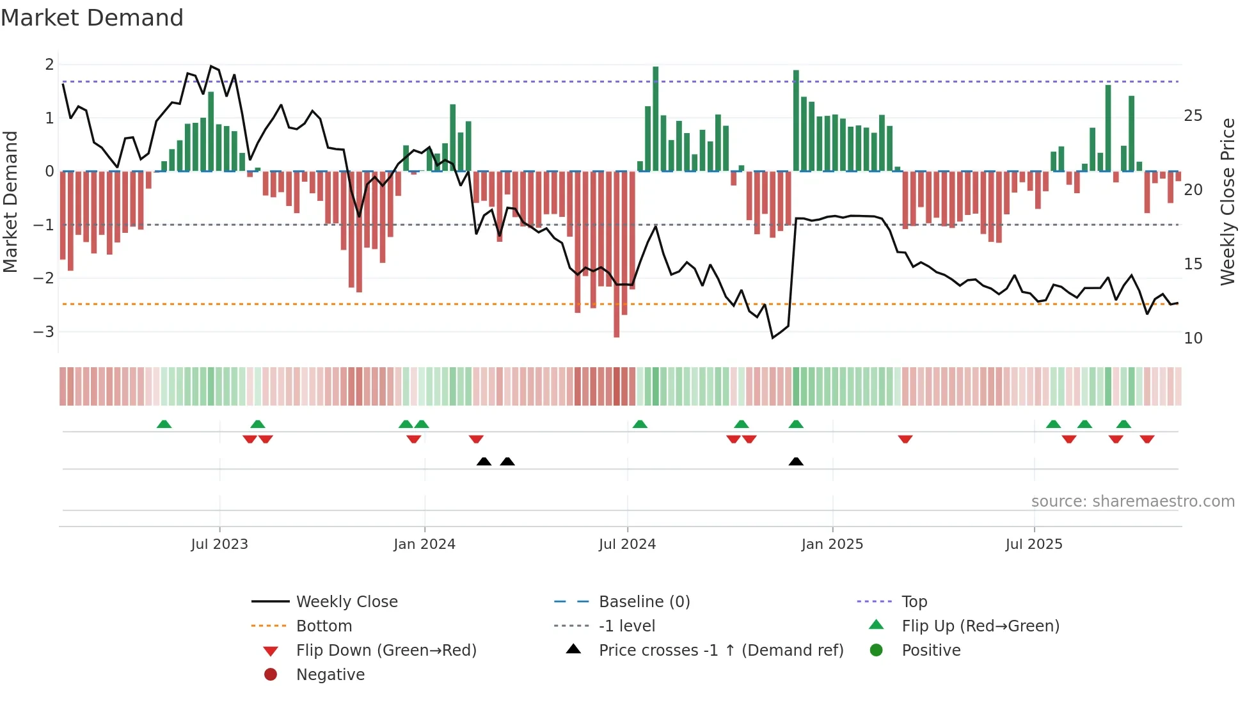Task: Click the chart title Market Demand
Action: (x=92, y=18)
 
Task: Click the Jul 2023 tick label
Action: (x=219, y=544)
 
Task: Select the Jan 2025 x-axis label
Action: (x=832, y=544)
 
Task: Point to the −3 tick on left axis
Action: (x=44, y=332)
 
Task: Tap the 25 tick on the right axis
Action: (x=1193, y=116)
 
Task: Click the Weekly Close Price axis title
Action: (x=1228, y=202)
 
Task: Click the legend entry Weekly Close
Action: (x=346, y=602)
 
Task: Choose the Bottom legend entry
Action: (x=324, y=626)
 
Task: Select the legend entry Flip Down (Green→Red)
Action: (x=386, y=651)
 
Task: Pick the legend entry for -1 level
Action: (x=626, y=626)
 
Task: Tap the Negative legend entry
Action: (x=330, y=675)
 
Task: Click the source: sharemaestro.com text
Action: (x=1132, y=502)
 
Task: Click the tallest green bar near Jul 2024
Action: (x=655, y=119)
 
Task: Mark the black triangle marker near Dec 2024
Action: (x=796, y=462)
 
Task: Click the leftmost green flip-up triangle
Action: (x=164, y=424)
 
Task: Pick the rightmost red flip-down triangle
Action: (x=1147, y=439)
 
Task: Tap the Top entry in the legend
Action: (x=914, y=602)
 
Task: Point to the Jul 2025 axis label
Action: (x=1033, y=544)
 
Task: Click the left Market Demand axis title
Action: (x=10, y=202)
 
